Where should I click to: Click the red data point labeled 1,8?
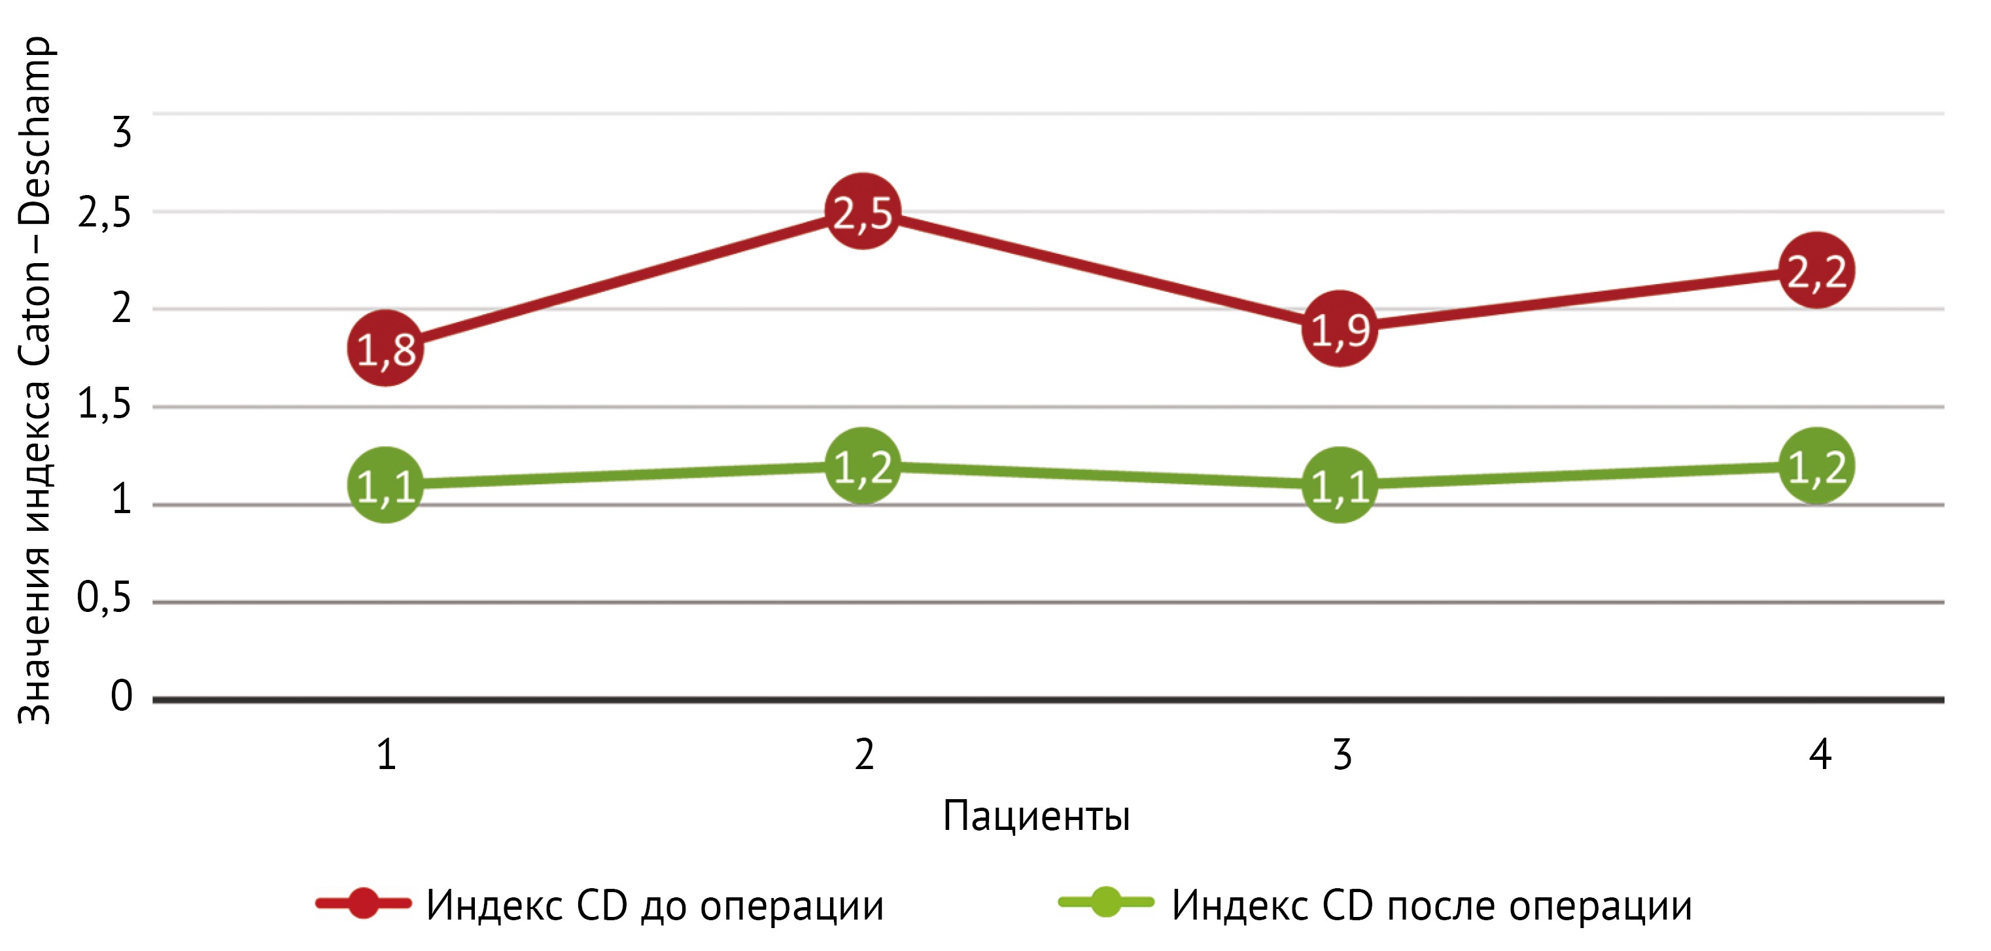[385, 349]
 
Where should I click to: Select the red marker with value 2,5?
[863, 211]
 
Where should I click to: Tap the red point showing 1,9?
[1340, 329]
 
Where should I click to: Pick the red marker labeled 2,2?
[1816, 270]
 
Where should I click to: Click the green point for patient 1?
[385, 485]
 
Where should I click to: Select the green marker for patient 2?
[863, 465]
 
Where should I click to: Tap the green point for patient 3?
[1340, 485]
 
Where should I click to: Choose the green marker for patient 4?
[1816, 465]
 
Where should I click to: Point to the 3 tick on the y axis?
[122, 132]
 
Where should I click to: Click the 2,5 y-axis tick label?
[105, 213]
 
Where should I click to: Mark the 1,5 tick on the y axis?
[105, 404]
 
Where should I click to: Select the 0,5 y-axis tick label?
[105, 598]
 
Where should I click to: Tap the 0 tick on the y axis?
[122, 695]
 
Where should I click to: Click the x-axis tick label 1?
[387, 754]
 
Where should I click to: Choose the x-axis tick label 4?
[1820, 754]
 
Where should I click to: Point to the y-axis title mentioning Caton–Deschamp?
[35, 379]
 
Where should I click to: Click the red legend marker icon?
[363, 903]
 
